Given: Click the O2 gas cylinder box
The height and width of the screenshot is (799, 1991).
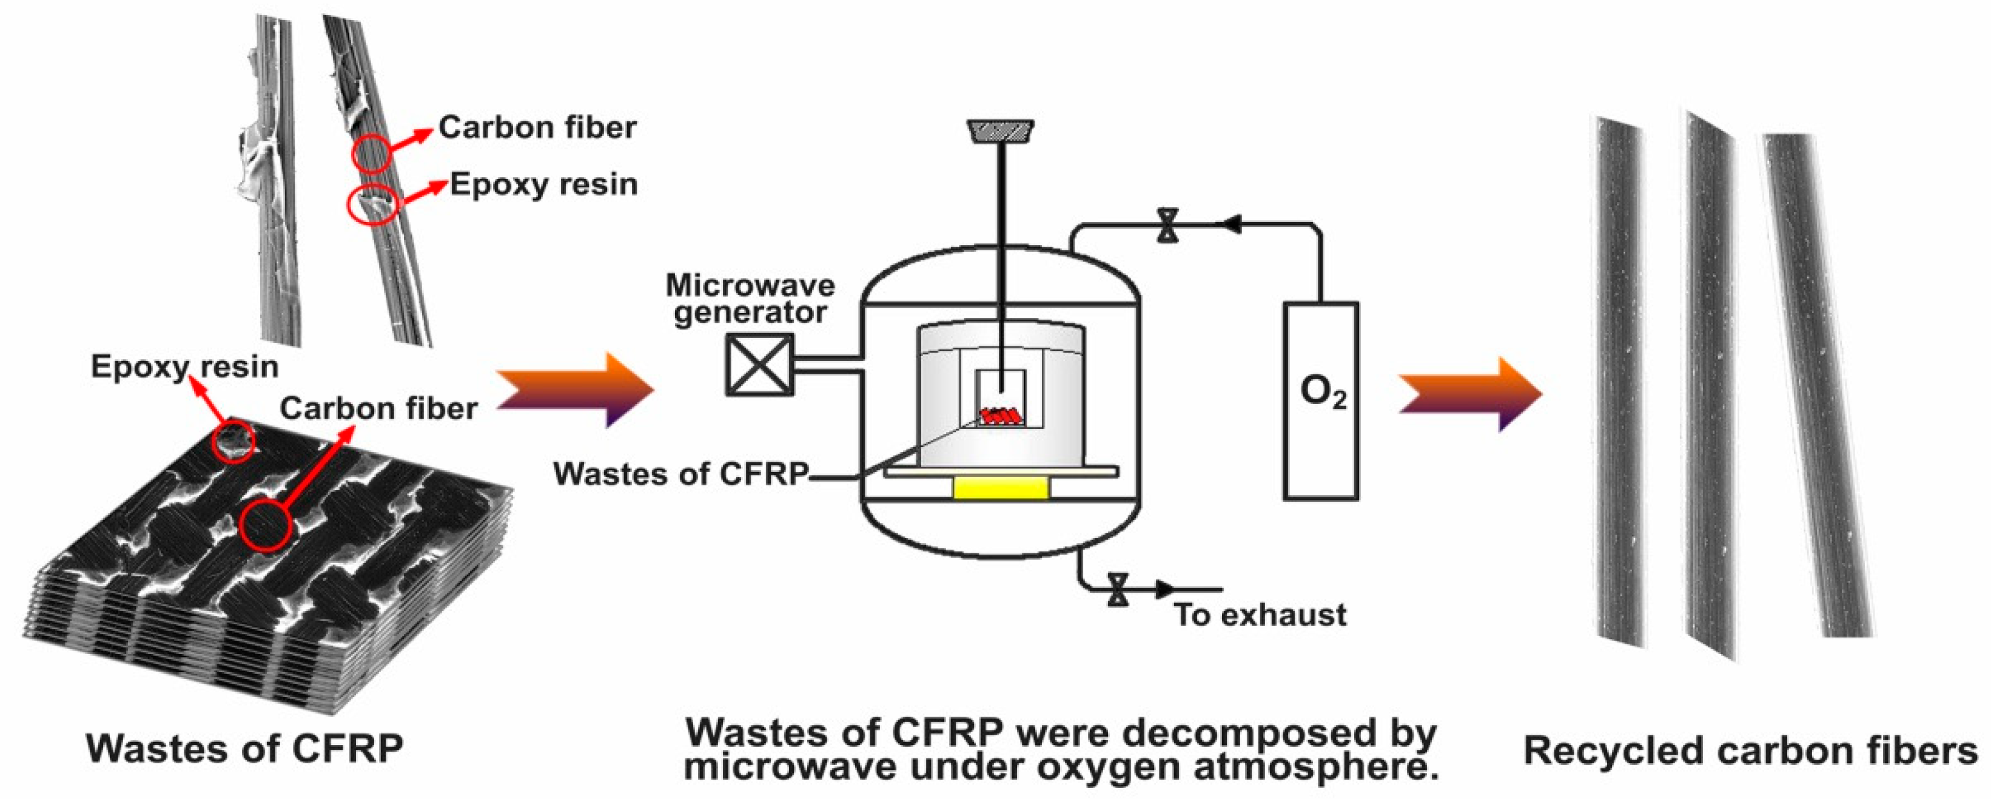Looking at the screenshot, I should point(1321,400).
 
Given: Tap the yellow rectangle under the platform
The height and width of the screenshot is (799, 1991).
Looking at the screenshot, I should point(1001,488).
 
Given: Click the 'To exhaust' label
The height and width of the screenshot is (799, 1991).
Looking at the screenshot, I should point(1260,615).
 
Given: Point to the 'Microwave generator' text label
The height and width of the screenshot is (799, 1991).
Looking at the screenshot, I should point(750,299).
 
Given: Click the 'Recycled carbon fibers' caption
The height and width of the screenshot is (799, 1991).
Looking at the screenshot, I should point(1750,751).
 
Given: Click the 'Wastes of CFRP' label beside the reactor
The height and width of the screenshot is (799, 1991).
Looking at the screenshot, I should point(681,473).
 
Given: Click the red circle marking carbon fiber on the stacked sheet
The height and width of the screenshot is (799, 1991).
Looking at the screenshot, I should point(266,525).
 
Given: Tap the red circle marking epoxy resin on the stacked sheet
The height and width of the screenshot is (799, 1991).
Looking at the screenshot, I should point(233,441).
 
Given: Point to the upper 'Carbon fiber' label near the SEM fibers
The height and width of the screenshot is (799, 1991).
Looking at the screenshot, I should point(537,127).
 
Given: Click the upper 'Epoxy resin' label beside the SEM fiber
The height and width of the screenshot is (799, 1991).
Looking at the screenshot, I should point(543,185).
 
